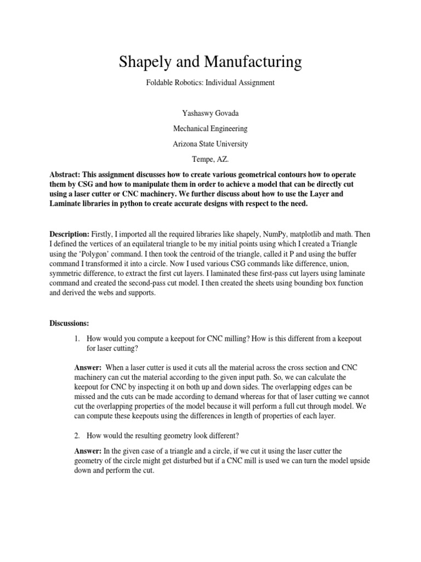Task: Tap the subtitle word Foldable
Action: tap(160, 83)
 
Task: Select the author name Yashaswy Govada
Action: tap(210, 113)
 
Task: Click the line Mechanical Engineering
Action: tap(210, 128)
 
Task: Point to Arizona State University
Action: tap(210, 144)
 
